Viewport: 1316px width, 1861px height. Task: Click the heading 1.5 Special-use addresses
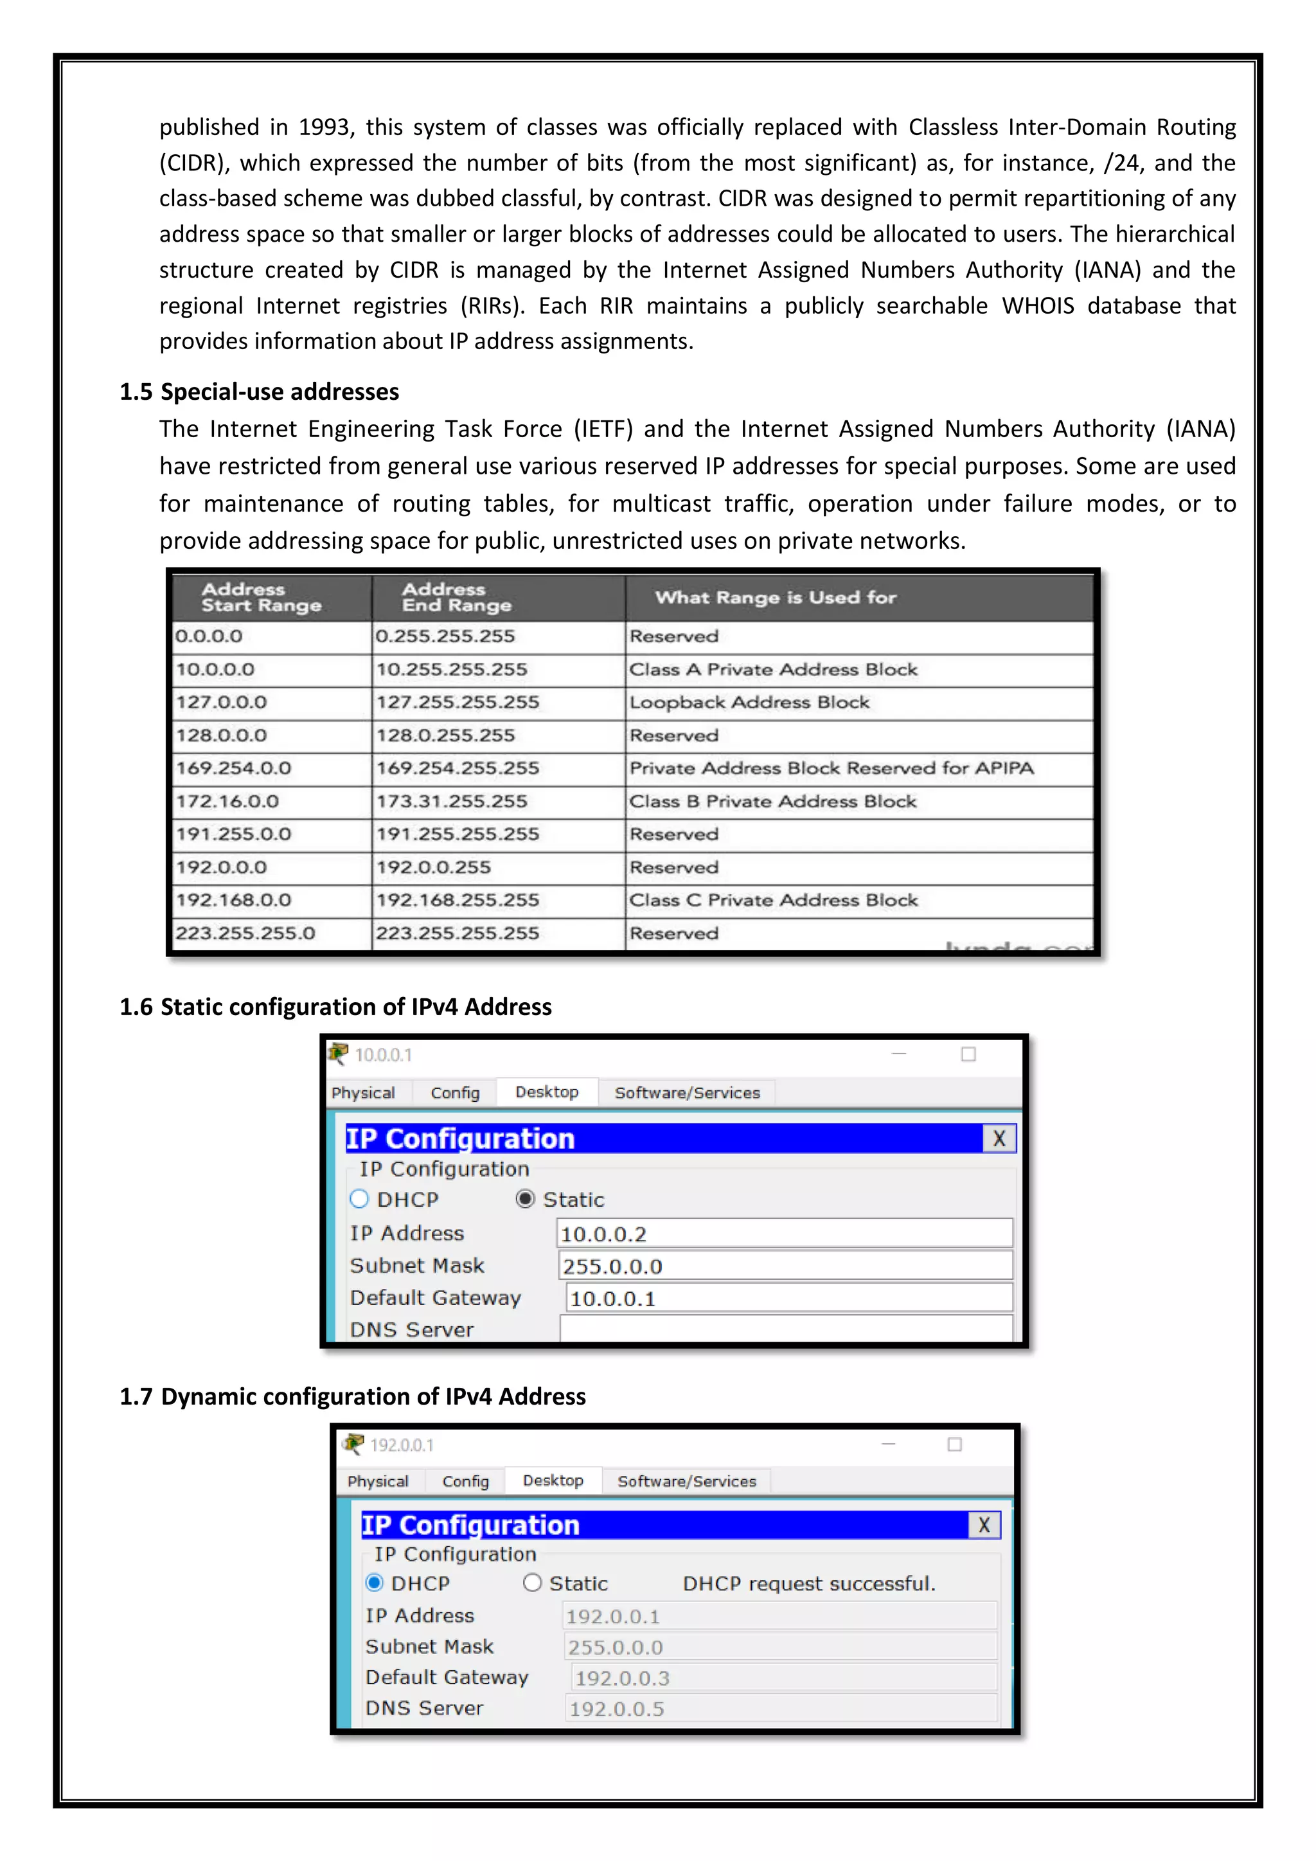[260, 392]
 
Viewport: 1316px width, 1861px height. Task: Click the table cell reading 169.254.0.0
[233, 768]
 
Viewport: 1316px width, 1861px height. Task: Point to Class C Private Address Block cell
[773, 901]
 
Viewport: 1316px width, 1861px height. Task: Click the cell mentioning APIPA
[831, 768]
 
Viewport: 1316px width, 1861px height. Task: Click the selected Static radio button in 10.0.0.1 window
[525, 1200]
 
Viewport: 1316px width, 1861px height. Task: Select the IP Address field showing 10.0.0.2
[785, 1234]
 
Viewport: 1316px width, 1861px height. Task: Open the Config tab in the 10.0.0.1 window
[454, 1093]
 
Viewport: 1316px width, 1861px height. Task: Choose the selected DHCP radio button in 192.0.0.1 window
[375, 1583]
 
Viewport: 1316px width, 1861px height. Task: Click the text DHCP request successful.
[809, 1584]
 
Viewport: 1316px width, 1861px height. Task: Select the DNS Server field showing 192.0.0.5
[779, 1709]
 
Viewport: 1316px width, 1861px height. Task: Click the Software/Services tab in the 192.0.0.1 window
[686, 1482]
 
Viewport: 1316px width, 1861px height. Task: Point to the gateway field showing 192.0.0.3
[783, 1678]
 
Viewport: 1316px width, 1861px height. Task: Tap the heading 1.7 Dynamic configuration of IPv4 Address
[353, 1397]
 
